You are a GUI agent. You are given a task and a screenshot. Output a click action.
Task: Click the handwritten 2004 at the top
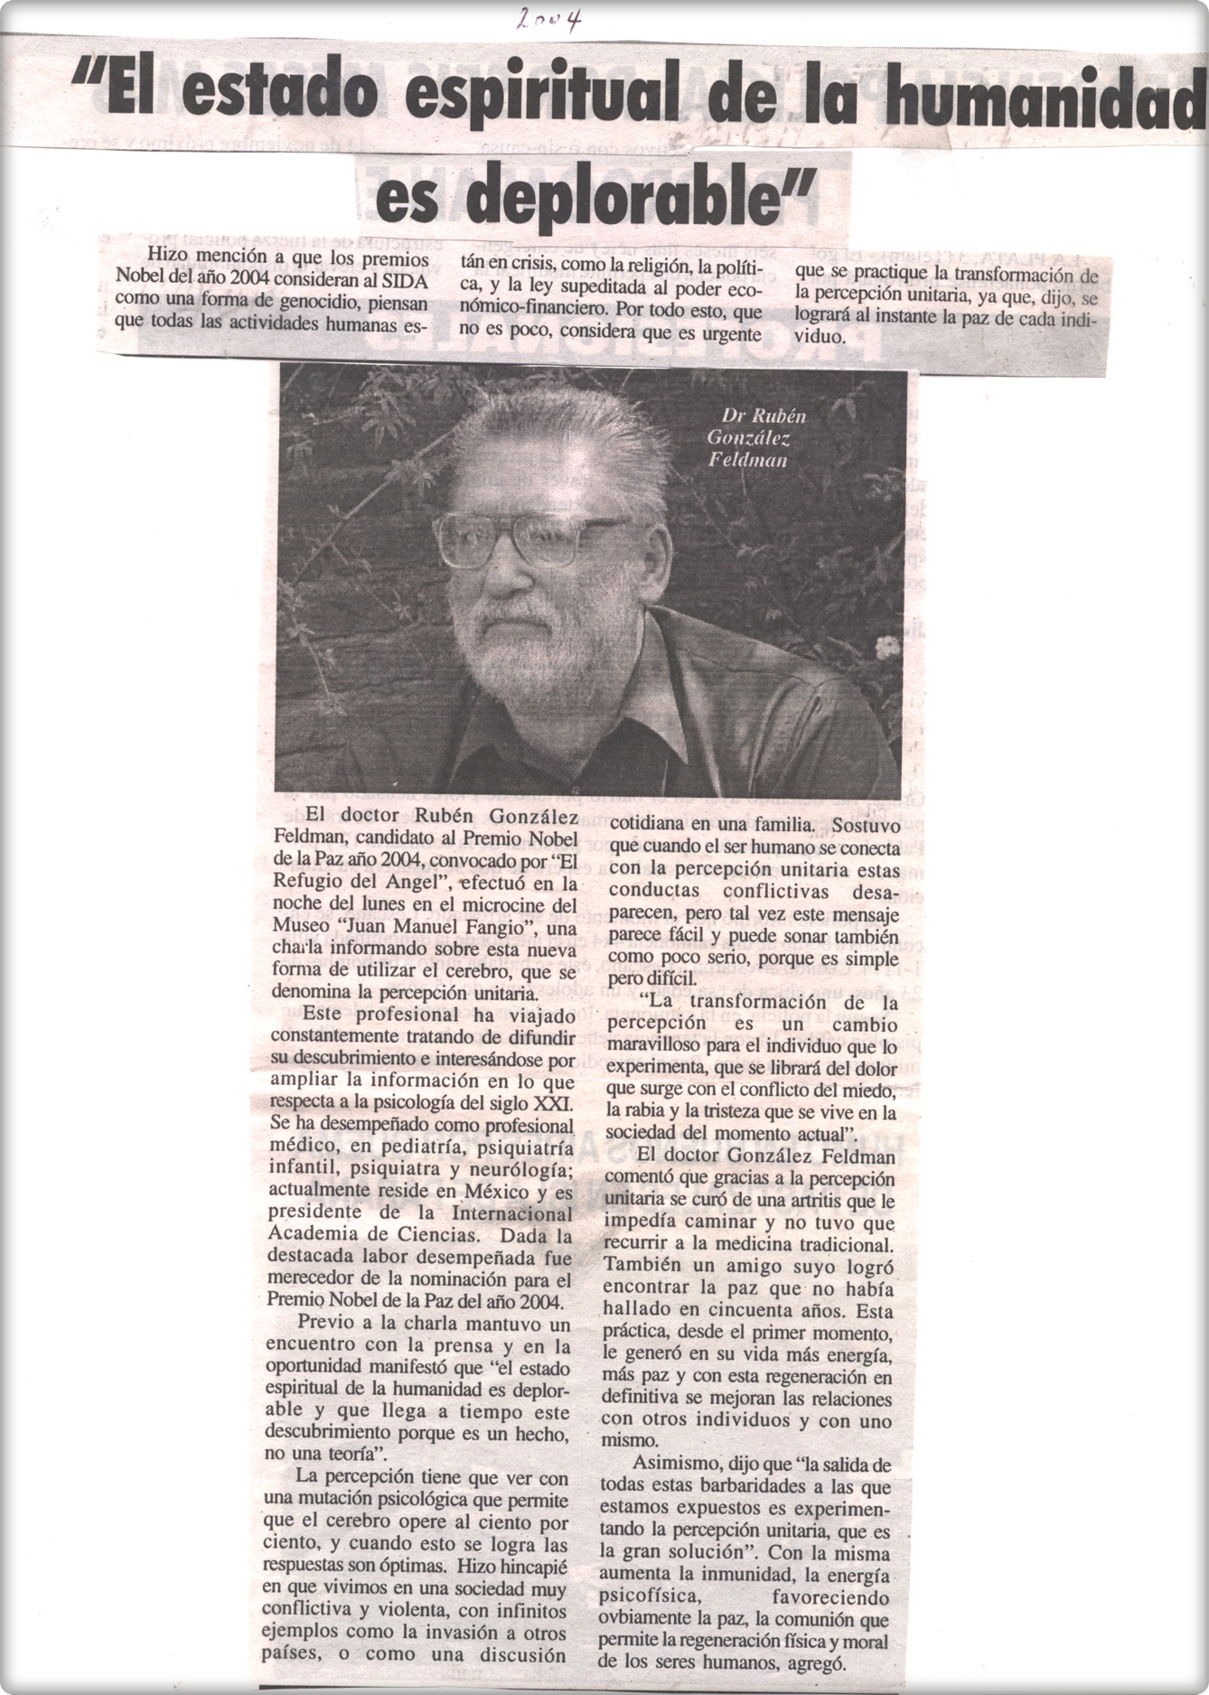point(548,17)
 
